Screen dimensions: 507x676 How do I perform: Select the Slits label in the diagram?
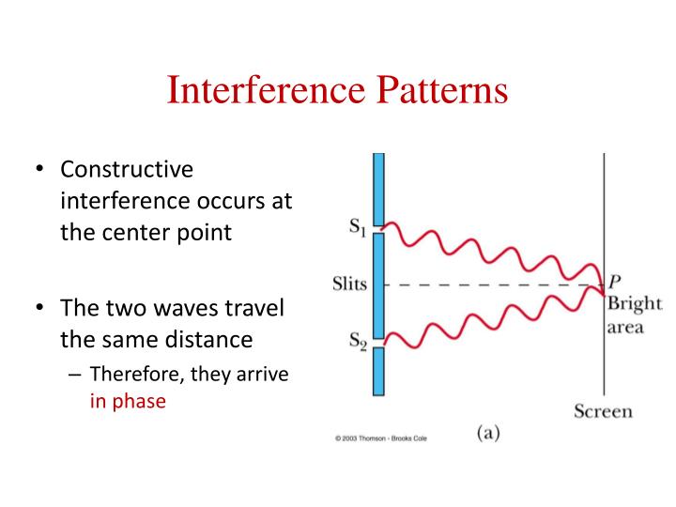[x=349, y=284]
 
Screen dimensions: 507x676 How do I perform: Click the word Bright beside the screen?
[x=635, y=304]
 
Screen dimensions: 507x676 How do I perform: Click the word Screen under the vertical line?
[x=603, y=411]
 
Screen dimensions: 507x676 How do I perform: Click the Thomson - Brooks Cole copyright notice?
[x=380, y=438]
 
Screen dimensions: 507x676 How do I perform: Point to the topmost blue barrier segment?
[x=378, y=188]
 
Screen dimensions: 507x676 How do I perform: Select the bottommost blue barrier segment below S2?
[x=378, y=372]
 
